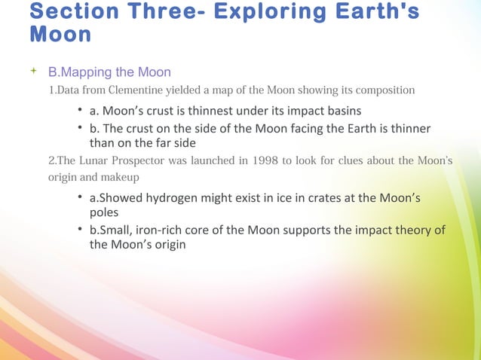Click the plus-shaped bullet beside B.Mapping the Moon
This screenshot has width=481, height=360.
click(x=32, y=72)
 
